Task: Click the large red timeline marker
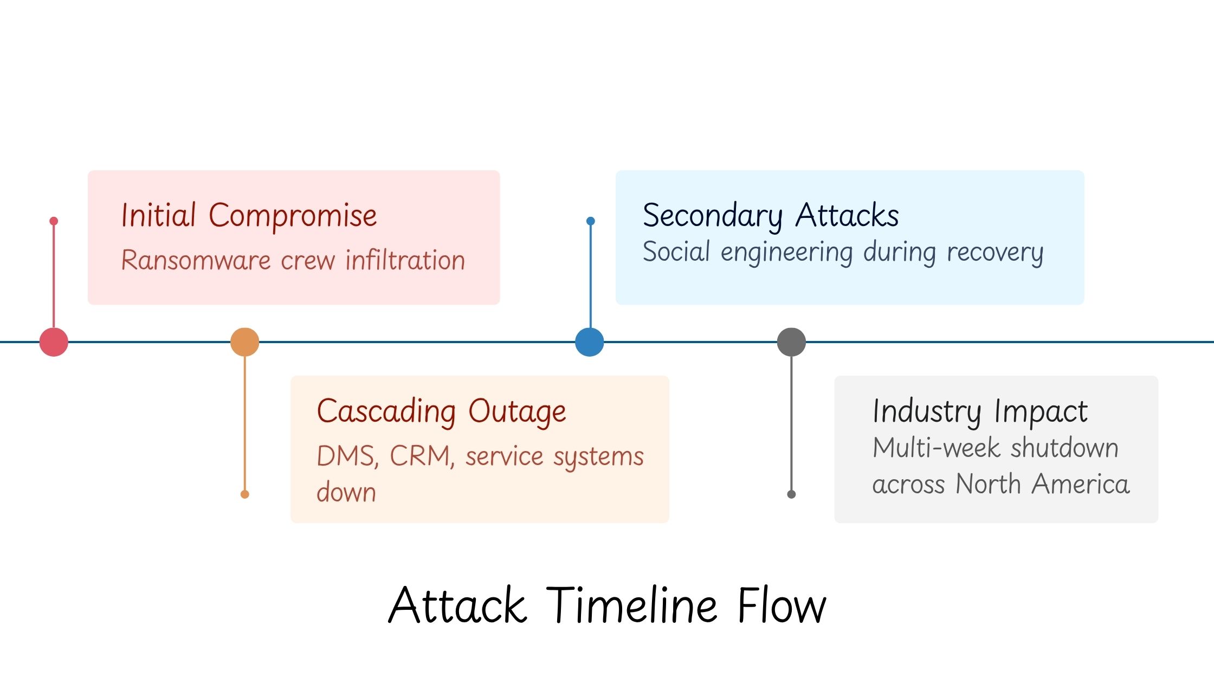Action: coord(54,342)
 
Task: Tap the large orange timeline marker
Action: coord(245,342)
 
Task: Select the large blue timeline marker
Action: coord(590,342)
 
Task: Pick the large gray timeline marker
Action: coord(791,342)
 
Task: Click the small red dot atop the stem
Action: coord(54,221)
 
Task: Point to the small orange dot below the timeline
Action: coord(245,494)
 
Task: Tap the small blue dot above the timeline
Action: coord(591,221)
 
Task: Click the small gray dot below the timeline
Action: coord(791,494)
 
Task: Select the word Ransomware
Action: coord(196,260)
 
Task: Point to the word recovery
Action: coord(995,253)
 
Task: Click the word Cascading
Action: coord(386,411)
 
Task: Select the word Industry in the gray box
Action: coord(927,411)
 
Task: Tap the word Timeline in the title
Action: coord(632,605)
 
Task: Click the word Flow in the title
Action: coord(782,605)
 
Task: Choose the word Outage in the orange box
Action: coord(517,411)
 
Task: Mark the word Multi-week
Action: coord(936,448)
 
